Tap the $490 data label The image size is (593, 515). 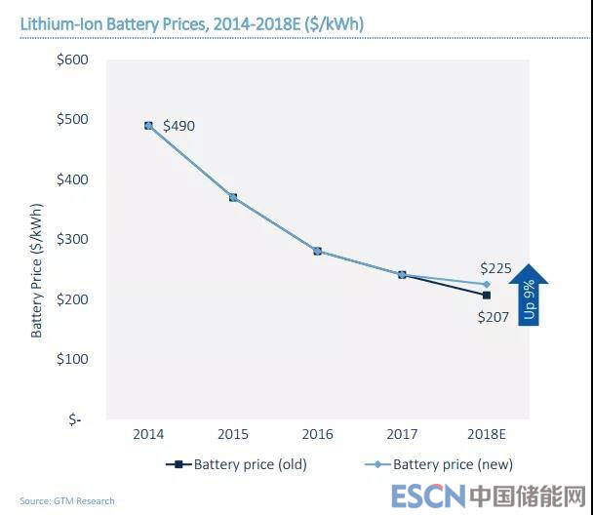click(x=178, y=126)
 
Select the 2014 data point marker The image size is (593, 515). click(x=149, y=126)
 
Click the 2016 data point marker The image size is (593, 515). click(x=318, y=251)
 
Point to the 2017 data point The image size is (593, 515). click(x=402, y=274)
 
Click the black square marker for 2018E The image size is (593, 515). click(x=487, y=295)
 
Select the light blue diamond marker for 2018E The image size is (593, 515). click(x=487, y=284)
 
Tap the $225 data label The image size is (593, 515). click(x=495, y=267)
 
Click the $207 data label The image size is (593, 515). click(x=494, y=316)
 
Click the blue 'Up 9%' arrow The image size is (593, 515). click(x=529, y=293)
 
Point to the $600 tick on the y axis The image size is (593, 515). click(x=72, y=59)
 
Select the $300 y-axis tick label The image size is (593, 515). click(x=72, y=239)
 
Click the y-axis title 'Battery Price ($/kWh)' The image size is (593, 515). click(x=37, y=268)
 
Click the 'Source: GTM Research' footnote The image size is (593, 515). click(x=66, y=501)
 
